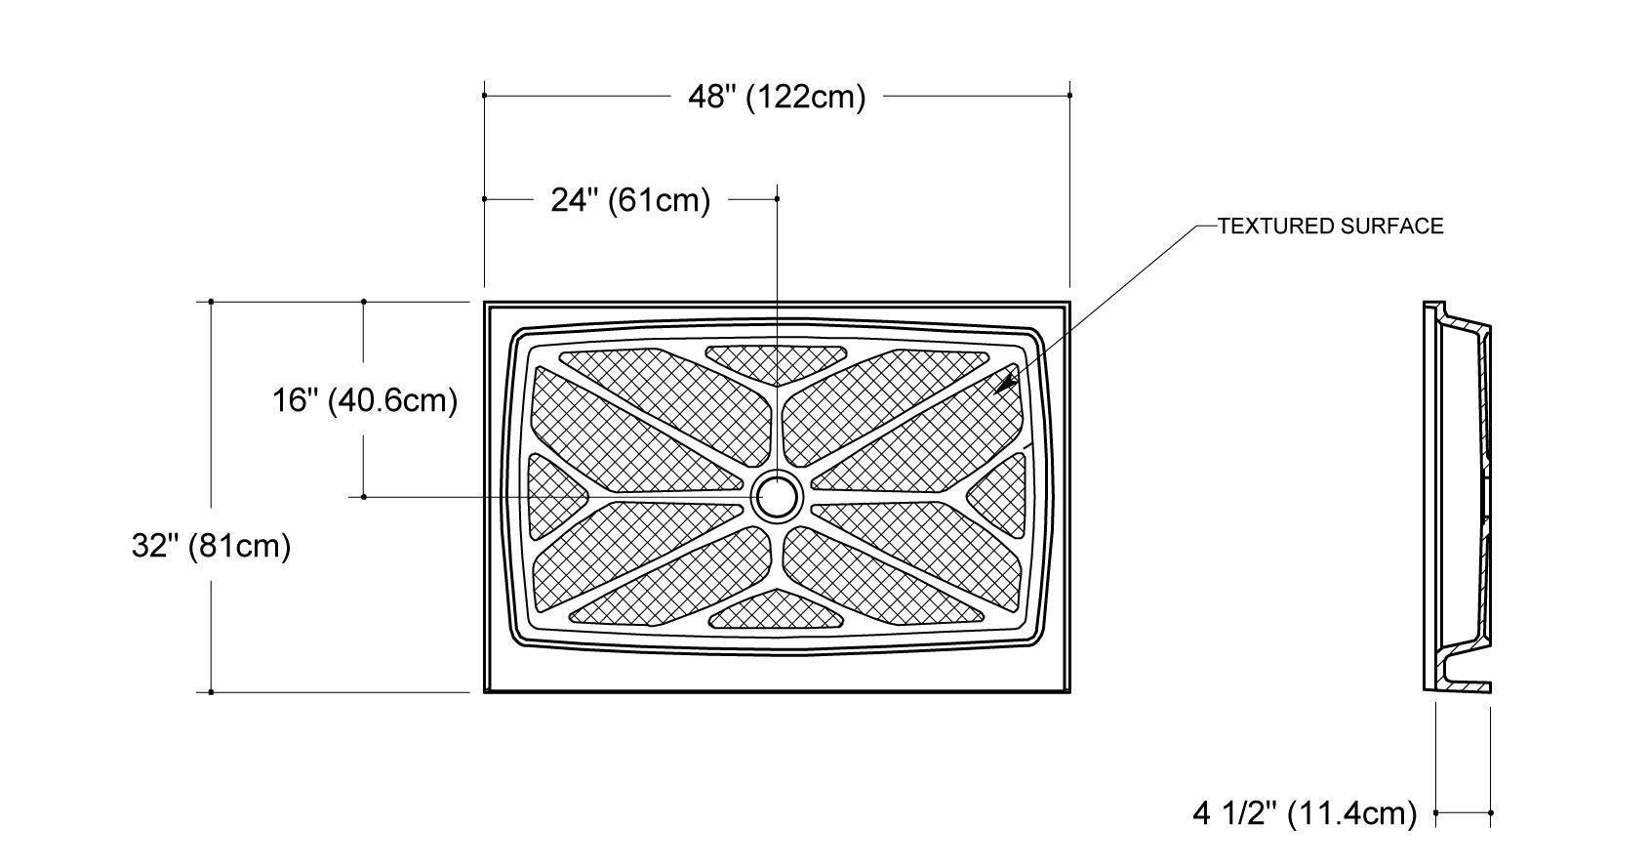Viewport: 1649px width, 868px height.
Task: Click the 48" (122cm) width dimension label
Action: click(777, 97)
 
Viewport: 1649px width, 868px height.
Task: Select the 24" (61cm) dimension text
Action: click(630, 200)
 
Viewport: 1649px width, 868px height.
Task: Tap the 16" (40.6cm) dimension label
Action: click(364, 400)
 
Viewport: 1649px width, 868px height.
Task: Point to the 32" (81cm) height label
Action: click(211, 546)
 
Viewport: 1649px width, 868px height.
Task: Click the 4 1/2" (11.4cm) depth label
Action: click(1304, 812)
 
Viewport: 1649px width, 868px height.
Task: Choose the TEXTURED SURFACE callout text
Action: click(1330, 227)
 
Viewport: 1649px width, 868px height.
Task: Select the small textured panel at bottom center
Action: click(777, 611)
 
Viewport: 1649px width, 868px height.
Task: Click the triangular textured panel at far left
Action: click(553, 495)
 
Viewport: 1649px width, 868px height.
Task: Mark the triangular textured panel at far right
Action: click(999, 496)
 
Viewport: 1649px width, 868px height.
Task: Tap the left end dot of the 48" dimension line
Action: click(485, 96)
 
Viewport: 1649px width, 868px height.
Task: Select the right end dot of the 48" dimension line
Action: click(1069, 96)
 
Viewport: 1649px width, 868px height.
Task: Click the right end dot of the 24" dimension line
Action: click(777, 199)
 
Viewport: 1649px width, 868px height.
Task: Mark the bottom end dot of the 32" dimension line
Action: click(211, 692)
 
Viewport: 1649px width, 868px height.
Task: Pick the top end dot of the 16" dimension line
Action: click(364, 302)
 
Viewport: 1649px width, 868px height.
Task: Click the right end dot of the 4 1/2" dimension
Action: click(1491, 812)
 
